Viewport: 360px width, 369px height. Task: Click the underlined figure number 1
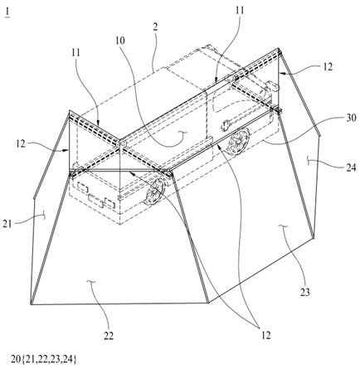coord(7,13)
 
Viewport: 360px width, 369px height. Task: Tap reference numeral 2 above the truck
coord(155,27)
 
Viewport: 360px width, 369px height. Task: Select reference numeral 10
coord(120,41)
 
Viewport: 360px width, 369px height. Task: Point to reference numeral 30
coord(351,118)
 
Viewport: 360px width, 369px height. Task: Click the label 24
coord(351,168)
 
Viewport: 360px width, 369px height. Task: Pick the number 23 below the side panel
coord(305,292)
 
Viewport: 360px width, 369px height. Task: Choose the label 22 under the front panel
coord(109,336)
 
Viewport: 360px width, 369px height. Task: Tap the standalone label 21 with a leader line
coord(7,224)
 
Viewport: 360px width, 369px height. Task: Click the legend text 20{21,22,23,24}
coord(43,359)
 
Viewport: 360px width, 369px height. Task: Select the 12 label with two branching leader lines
coord(265,335)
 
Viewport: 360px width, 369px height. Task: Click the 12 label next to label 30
coord(328,67)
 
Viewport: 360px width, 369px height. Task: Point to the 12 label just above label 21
coord(21,144)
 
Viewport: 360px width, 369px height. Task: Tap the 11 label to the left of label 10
coord(75,52)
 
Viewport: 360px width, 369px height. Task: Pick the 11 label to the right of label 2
coord(240,11)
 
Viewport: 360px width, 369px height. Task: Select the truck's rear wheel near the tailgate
coord(153,192)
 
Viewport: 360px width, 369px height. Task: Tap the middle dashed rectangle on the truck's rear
coord(95,201)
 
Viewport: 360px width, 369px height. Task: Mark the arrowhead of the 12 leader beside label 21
coord(67,150)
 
